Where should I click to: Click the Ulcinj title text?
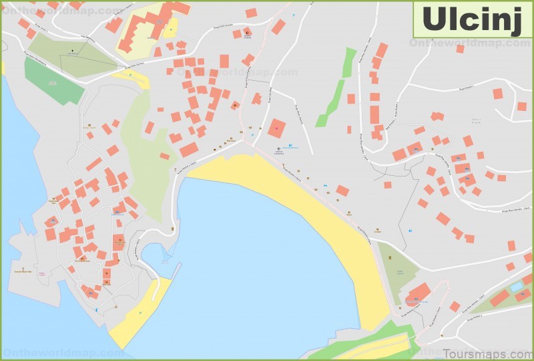point(471,19)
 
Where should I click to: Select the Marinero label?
point(231,141)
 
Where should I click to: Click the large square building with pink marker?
point(277,128)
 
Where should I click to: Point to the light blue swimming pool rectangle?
point(516,286)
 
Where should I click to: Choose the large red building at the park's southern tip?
point(417,293)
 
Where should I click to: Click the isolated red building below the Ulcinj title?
point(460,48)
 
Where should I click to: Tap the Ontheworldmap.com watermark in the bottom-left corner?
point(47,352)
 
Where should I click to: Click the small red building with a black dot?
point(235,105)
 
